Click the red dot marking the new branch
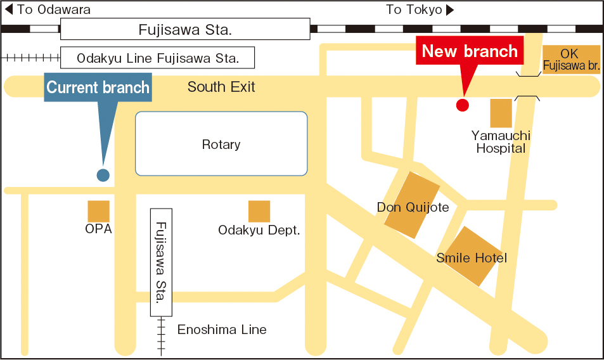pyautogui.click(x=463, y=105)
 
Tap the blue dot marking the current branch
pyautogui.click(x=103, y=175)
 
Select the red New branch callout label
pyautogui.click(x=470, y=51)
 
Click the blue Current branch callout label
pyautogui.click(x=98, y=87)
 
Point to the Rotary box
pyautogui.click(x=221, y=144)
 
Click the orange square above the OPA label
pyautogui.click(x=98, y=211)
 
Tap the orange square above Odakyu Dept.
pyautogui.click(x=259, y=211)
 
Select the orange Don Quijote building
pyautogui.click(x=412, y=205)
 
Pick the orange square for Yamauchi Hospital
pyautogui.click(x=501, y=113)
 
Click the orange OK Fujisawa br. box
pyautogui.click(x=571, y=60)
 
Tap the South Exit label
pyautogui.click(x=221, y=87)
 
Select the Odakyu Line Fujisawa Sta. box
pyautogui.click(x=157, y=58)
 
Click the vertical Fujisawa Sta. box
pyautogui.click(x=161, y=262)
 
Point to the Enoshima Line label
pyautogui.click(x=222, y=330)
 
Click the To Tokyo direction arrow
pyautogui.click(x=450, y=10)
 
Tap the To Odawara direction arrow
pyautogui.click(x=9, y=10)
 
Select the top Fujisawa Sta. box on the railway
pyautogui.click(x=185, y=29)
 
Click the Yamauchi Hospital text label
pyautogui.click(x=501, y=142)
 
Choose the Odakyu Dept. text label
pyautogui.click(x=259, y=230)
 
